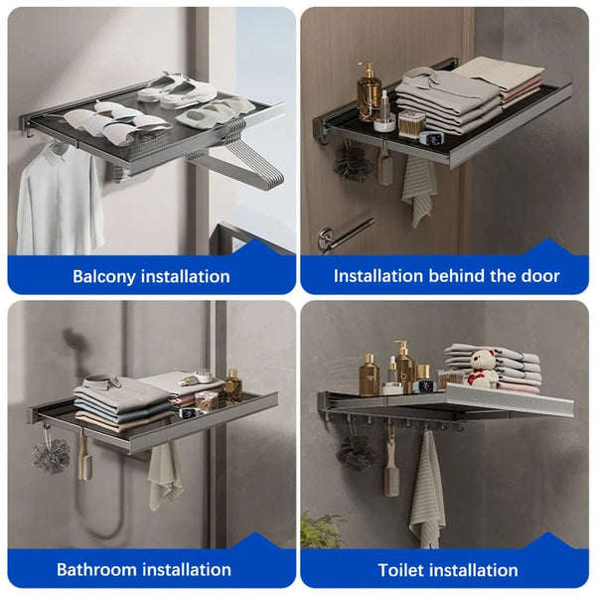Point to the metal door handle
343,235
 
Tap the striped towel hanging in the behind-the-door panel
418,188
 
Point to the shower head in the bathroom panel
74,343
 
